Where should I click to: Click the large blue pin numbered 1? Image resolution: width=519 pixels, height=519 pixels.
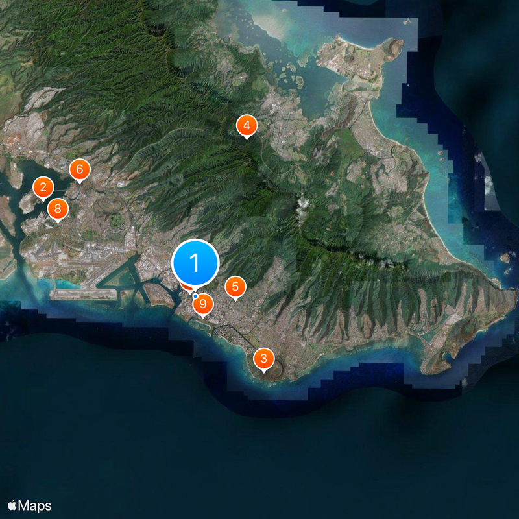click(x=195, y=263)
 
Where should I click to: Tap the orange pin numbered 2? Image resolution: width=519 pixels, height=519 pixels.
click(x=43, y=188)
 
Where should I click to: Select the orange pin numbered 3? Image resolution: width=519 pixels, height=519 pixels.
click(x=263, y=358)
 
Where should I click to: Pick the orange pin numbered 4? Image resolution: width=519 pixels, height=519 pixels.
click(x=246, y=125)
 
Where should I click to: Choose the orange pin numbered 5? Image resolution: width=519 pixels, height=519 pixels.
click(x=235, y=286)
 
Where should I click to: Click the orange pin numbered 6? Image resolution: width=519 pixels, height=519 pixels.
click(x=79, y=170)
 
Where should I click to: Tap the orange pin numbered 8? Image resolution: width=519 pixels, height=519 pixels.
click(x=58, y=209)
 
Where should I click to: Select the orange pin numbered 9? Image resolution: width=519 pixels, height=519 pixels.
click(x=203, y=303)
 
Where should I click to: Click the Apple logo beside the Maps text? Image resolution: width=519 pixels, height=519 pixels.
click(x=12, y=505)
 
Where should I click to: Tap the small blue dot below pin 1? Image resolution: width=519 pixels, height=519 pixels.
click(x=195, y=296)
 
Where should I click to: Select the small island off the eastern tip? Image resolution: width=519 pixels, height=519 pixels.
click(x=505, y=258)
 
